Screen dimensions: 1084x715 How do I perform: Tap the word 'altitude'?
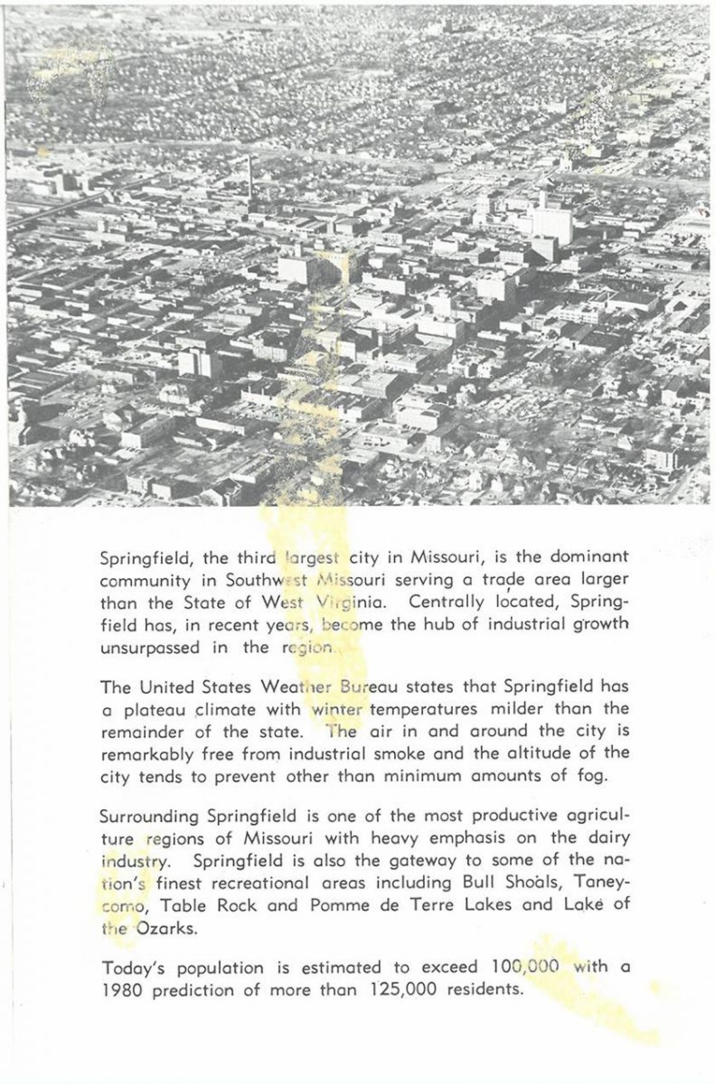(x=547, y=754)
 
